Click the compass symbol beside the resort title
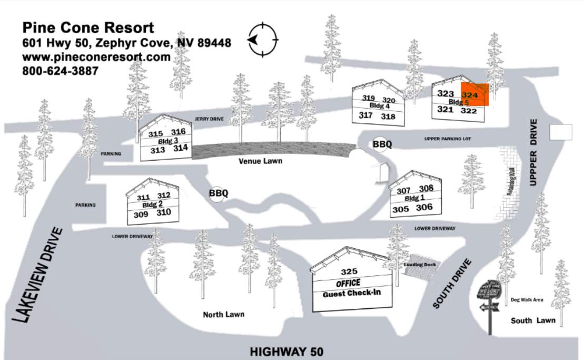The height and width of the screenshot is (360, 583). (263, 40)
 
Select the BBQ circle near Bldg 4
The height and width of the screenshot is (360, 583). (382, 144)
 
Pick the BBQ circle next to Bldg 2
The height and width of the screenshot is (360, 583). (218, 193)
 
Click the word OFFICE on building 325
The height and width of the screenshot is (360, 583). (348, 283)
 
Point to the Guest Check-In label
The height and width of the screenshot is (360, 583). (351, 294)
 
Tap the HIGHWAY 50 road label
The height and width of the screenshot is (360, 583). (286, 352)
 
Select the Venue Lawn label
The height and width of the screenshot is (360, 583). (260, 161)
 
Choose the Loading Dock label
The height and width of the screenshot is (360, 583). (420, 264)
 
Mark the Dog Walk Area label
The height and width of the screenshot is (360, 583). (527, 300)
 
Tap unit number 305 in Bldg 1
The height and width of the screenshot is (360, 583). (401, 209)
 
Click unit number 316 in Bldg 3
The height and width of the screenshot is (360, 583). (179, 132)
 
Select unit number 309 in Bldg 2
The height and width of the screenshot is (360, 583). (141, 215)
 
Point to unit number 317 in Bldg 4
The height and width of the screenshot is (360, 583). (365, 115)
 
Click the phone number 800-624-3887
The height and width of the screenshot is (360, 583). (60, 70)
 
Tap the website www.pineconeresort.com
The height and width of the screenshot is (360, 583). (96, 56)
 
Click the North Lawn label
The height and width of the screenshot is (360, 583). (224, 315)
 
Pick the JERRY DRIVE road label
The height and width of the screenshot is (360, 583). (209, 120)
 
